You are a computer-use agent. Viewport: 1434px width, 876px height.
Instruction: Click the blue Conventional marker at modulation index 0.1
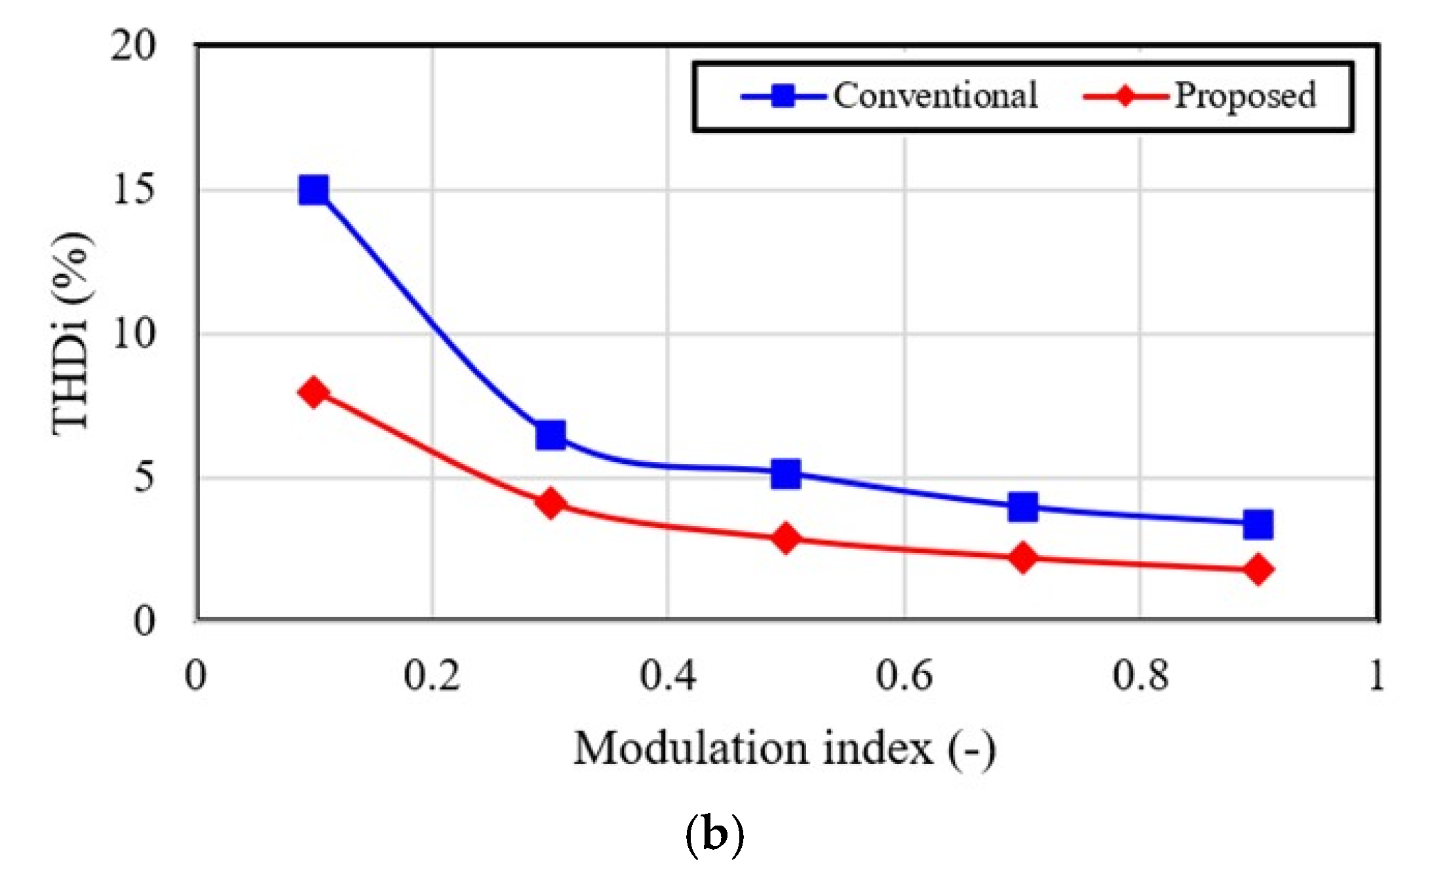(313, 191)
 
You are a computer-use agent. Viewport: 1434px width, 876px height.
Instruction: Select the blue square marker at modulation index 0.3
(551, 435)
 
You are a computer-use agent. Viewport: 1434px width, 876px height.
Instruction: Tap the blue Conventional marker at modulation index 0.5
(786, 473)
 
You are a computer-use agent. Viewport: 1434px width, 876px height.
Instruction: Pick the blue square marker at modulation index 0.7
(1023, 507)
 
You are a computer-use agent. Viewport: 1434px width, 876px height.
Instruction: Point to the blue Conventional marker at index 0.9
(1258, 524)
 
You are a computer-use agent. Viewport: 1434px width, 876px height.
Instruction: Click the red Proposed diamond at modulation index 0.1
(313, 392)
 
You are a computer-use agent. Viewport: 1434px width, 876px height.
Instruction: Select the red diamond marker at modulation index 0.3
(551, 503)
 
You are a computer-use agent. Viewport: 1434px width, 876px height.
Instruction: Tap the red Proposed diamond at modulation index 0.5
(786, 539)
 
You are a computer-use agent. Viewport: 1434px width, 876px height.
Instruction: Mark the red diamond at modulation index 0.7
(1023, 558)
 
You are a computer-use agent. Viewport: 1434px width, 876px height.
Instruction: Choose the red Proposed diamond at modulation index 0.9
(1258, 569)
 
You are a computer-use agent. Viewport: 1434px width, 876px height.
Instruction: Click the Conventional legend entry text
(935, 96)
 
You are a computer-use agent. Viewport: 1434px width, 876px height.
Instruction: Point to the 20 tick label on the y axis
(133, 46)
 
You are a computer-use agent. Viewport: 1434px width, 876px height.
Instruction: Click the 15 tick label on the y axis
(133, 190)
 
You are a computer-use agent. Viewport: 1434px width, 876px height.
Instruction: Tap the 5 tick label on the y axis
(144, 477)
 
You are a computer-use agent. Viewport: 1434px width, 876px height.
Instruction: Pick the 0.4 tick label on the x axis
(667, 675)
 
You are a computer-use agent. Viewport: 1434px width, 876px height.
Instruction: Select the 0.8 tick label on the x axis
(1140, 675)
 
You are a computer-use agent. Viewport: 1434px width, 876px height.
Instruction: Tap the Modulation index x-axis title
(785, 749)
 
